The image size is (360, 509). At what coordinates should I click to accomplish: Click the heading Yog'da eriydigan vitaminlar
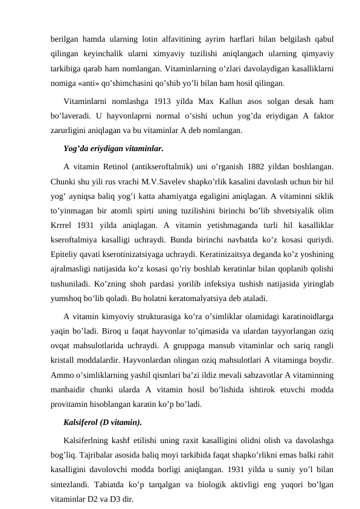[113, 148]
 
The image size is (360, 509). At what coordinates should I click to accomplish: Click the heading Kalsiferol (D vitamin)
[103, 421]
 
